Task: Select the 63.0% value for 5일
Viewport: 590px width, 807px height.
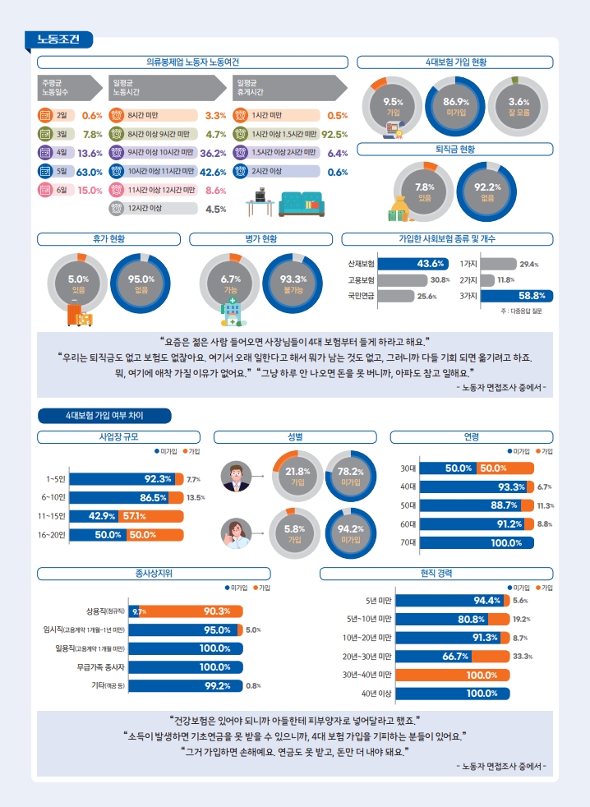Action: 89,172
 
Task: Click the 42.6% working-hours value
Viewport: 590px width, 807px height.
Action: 213,172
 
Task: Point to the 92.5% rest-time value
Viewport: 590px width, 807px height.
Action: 334,134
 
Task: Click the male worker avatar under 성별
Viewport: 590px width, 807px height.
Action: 237,476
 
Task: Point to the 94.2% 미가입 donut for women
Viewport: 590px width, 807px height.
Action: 351,534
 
